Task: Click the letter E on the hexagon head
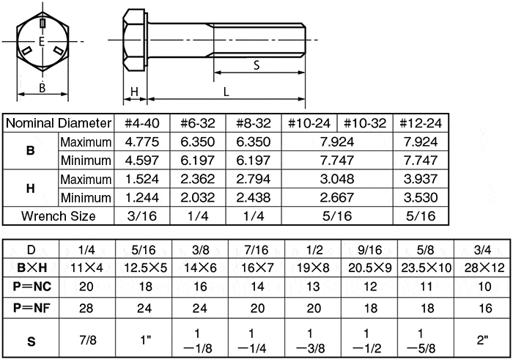42,42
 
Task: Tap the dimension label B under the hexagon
43,88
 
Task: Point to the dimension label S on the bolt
256,65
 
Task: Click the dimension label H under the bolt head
135,91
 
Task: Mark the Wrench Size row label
59,216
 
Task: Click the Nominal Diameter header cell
59,123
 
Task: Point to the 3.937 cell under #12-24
421,179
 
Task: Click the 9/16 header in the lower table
369,249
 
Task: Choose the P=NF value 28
87,306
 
